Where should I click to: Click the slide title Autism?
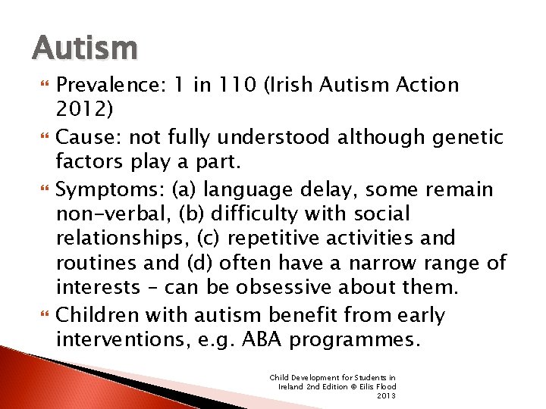pos(86,48)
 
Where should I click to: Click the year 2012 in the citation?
pos(81,111)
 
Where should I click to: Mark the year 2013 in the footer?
pos(387,395)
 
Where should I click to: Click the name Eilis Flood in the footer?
pos(377,386)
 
